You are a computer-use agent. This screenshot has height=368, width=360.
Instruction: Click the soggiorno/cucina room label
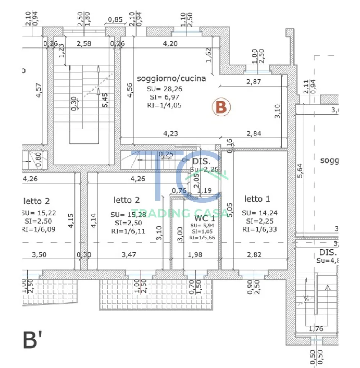coord(172,78)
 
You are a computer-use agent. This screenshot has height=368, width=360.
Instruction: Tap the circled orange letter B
coord(221,107)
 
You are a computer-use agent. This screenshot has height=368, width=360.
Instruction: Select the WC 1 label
coord(205,218)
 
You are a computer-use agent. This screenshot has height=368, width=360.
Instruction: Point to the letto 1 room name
coord(257,199)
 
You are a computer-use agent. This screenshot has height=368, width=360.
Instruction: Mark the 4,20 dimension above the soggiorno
coord(170,44)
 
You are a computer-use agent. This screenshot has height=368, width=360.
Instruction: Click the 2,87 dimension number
coord(254,82)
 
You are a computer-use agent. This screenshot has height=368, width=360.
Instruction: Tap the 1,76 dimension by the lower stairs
coord(316,328)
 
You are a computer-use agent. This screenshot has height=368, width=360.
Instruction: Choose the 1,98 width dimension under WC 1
coord(196,255)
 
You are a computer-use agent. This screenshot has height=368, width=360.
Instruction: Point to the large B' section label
coord(31,340)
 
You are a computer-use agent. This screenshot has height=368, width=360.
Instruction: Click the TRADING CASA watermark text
coord(180,213)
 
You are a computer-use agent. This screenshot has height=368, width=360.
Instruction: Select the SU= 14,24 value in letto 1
coord(260,213)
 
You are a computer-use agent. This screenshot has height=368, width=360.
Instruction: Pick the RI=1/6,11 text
coord(128,231)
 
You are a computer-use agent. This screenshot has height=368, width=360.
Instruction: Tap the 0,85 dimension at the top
coord(115,20)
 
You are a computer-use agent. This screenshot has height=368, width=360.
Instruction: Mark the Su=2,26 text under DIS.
coord(204,169)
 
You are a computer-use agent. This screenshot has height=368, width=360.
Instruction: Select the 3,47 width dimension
coord(129,255)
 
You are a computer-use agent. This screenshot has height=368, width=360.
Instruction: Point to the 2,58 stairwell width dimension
coord(84,44)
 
